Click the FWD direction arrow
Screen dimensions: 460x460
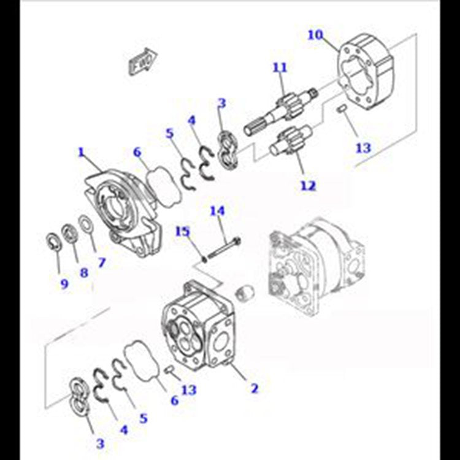[x=143, y=61]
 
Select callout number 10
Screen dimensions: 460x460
[x=315, y=35]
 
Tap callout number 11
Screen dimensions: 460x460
[x=280, y=67]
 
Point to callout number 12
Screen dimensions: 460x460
[x=308, y=185]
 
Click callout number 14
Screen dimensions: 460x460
[x=217, y=211]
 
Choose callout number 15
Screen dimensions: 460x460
[x=183, y=231]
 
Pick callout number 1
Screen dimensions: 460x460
[x=81, y=152]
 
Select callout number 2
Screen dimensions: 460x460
[x=255, y=388]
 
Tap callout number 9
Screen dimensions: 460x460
[x=64, y=284]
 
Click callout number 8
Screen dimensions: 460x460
[x=84, y=273]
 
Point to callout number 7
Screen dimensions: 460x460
[x=101, y=263]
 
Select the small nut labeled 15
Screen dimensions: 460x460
[x=204, y=259]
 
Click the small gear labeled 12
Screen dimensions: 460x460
[x=291, y=142]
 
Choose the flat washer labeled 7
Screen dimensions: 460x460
[x=86, y=224]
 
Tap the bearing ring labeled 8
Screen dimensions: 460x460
[x=69, y=233]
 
